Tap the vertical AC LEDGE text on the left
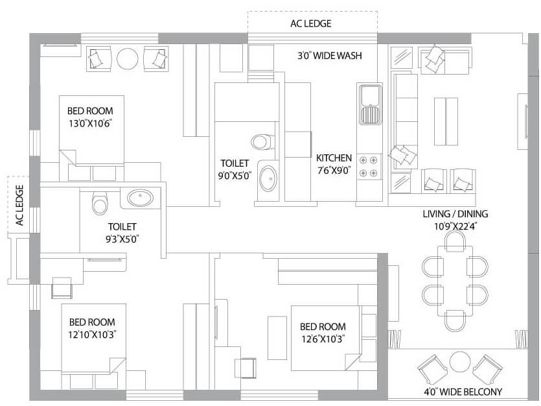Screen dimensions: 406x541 pos(19,206)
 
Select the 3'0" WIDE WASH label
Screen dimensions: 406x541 pos(329,56)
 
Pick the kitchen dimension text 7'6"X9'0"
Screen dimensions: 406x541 pos(334,171)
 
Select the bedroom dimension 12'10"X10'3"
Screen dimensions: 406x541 pos(92,335)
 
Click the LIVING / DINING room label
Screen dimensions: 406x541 pos(455,214)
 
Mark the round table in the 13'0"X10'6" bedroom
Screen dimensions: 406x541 pos(127,59)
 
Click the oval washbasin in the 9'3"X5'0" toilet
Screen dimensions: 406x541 pos(139,198)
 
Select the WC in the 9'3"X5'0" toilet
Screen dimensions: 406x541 pos(99,204)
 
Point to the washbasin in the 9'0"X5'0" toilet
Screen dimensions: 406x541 pos(266,178)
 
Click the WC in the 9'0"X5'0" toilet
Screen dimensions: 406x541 pos(261,141)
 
